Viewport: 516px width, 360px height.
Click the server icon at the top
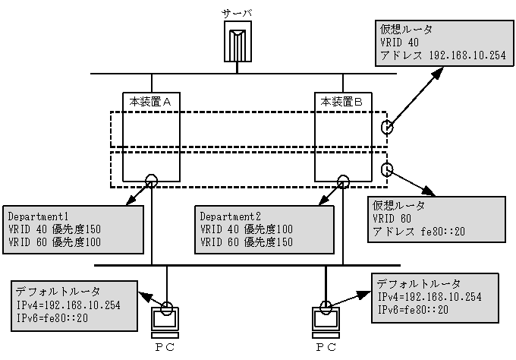[238, 43]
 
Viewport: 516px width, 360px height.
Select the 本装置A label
[152, 100]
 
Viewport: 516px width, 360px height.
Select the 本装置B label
[343, 100]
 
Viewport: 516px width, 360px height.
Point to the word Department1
[39, 214]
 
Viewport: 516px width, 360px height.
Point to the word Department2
[230, 214]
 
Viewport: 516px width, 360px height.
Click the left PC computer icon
[165, 319]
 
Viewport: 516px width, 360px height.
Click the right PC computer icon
[325, 319]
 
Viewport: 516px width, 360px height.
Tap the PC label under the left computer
[165, 348]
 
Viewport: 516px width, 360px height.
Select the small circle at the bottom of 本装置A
[152, 181]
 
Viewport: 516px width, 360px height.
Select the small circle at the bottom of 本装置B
[343, 181]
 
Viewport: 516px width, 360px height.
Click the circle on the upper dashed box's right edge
[388, 127]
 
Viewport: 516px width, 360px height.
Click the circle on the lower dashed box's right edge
[388, 169]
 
